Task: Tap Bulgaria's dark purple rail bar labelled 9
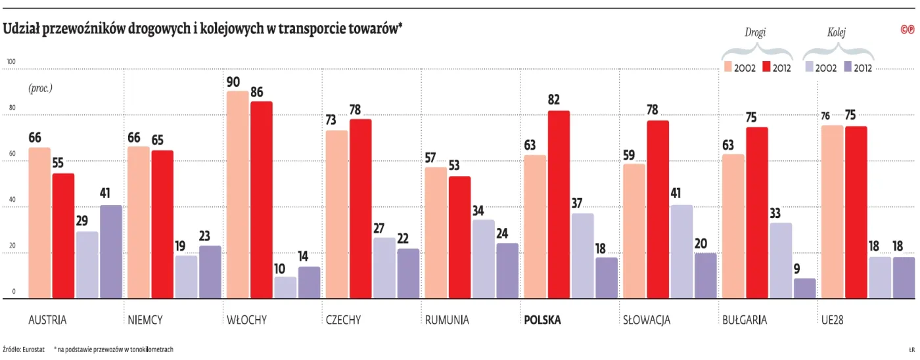(804, 288)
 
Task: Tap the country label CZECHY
(343, 321)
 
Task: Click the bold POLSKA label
(542, 321)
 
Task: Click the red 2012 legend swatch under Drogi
(767, 67)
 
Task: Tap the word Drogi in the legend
(755, 32)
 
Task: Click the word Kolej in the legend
(836, 32)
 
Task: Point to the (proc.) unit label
(39, 88)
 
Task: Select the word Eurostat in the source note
(34, 349)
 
